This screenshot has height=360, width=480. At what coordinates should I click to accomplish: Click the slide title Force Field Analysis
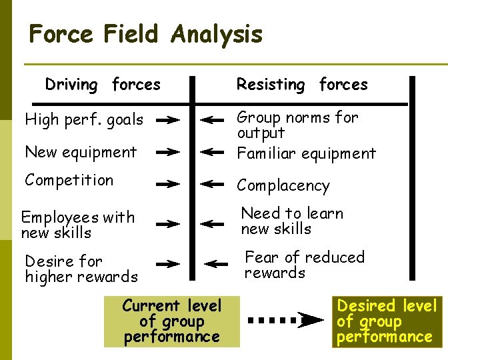[146, 34]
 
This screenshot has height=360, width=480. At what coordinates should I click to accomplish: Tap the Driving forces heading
[103, 85]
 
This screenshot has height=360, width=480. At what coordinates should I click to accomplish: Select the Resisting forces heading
[302, 85]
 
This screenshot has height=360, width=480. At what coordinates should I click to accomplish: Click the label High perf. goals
[84, 120]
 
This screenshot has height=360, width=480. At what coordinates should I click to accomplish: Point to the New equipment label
[81, 152]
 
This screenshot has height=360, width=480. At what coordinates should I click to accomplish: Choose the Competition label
[69, 180]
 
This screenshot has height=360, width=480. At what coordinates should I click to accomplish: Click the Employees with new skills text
[78, 225]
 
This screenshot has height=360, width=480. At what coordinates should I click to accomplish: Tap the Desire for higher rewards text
[81, 269]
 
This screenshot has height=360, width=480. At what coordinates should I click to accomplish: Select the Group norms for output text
[297, 125]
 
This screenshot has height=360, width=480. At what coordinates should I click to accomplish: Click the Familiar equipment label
[307, 153]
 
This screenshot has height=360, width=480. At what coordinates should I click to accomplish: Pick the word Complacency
[283, 185]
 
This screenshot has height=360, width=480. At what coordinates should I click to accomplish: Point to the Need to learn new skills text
[292, 221]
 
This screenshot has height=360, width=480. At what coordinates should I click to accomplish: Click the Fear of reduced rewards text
[305, 265]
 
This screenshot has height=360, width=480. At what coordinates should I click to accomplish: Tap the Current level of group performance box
[171, 321]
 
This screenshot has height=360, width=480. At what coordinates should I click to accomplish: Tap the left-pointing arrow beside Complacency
[213, 183]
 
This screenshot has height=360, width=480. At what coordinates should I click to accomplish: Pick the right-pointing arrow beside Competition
[168, 183]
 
